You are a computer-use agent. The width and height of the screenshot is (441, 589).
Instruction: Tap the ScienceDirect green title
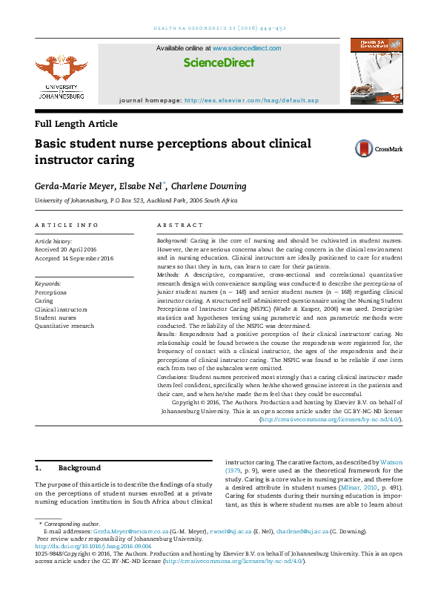(x=219, y=64)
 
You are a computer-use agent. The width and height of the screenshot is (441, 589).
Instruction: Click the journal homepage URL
(x=251, y=99)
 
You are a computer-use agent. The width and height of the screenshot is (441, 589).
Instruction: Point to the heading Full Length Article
(x=76, y=124)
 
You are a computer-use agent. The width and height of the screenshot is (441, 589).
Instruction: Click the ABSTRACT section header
(x=180, y=225)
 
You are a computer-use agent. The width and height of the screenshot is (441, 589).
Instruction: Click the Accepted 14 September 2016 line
(x=74, y=258)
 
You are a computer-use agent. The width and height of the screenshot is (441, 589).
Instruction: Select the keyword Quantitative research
(x=64, y=326)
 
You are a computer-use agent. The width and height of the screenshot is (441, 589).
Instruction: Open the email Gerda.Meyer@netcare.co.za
(x=127, y=532)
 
